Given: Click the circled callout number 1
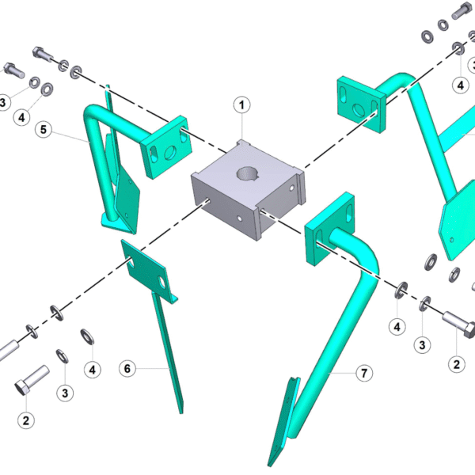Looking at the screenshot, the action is pyautogui.click(x=241, y=105).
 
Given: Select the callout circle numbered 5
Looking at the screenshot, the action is pyautogui.click(x=44, y=130).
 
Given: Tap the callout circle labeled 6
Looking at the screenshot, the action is pyautogui.click(x=127, y=369).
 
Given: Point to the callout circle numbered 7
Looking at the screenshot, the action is pyautogui.click(x=364, y=373).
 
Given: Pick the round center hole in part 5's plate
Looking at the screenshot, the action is pyautogui.click(x=170, y=153).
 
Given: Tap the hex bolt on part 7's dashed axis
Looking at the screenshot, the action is pyautogui.click(x=459, y=326).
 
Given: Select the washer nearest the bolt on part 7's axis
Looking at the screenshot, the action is pyautogui.click(x=424, y=304).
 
